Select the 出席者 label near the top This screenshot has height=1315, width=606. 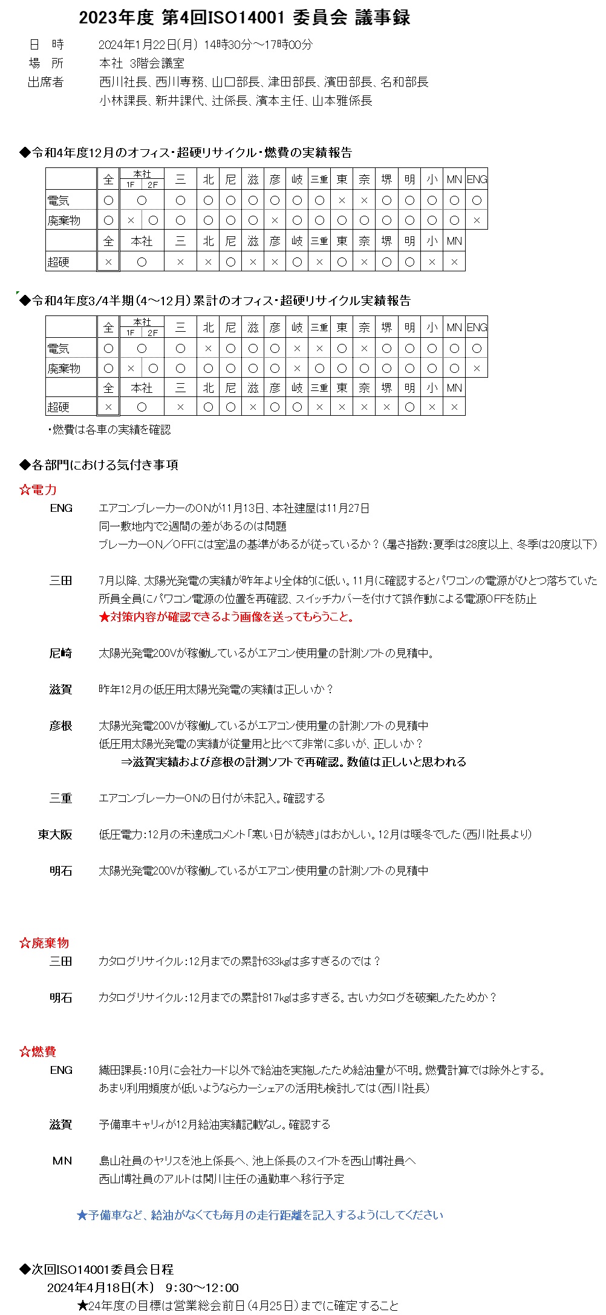click(x=45, y=82)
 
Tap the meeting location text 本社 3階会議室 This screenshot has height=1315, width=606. click(x=142, y=63)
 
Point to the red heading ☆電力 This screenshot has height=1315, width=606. click(x=38, y=489)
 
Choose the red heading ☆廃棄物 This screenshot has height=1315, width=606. click(x=44, y=943)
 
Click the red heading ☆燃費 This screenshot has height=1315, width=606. click(x=38, y=1052)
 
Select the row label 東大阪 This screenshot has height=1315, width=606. click(x=55, y=835)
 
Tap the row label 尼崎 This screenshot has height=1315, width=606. click(x=60, y=653)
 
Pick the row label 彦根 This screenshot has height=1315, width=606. click(x=60, y=726)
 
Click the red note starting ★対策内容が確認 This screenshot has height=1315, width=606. click(x=227, y=617)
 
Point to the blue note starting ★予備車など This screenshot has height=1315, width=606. click(x=260, y=1215)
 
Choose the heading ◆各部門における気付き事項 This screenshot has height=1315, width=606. click(x=99, y=465)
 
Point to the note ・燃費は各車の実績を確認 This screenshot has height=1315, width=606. click(x=109, y=430)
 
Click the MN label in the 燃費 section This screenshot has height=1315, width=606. click(x=62, y=1161)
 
